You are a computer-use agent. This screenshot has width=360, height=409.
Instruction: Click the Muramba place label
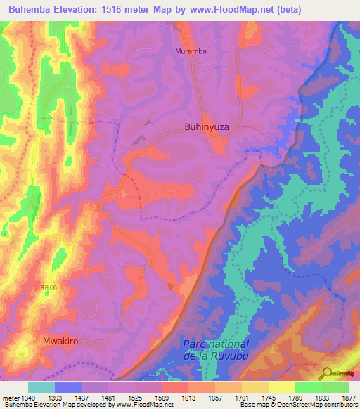pos(190,51)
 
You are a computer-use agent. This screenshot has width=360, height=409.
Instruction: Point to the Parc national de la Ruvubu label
pos(216,350)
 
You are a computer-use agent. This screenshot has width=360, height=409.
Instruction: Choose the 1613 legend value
pos(188,398)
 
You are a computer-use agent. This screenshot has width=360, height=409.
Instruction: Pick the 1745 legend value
pos(268,398)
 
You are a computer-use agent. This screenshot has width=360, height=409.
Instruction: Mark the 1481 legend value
pos(108,398)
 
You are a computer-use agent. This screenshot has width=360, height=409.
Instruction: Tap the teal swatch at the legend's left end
pos(41,387)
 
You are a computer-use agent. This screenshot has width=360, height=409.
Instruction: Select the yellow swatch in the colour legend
pos(281,387)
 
